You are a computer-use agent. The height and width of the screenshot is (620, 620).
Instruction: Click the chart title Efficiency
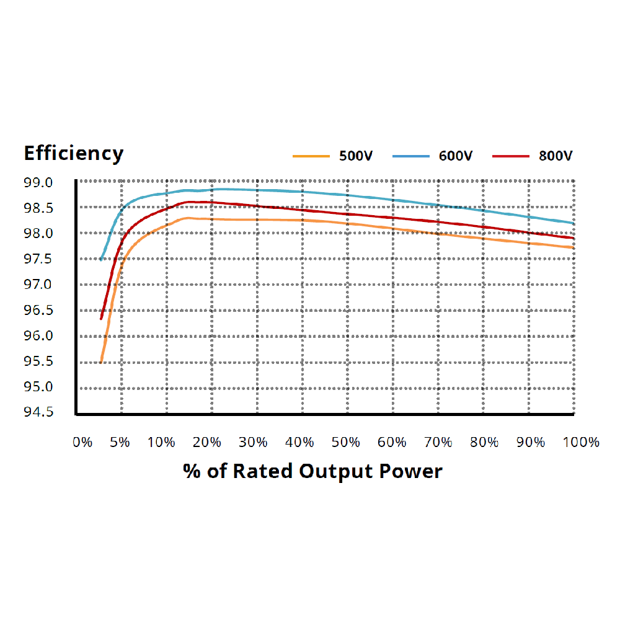pos(73,153)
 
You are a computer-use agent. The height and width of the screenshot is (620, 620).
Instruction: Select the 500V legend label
pos(355,156)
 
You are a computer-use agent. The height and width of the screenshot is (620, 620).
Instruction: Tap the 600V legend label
pos(456,156)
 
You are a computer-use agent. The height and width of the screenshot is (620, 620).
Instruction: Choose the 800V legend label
pos(556,156)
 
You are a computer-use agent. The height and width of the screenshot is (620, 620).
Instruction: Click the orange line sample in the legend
pos(310,156)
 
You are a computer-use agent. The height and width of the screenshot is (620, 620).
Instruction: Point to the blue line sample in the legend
pos(410,156)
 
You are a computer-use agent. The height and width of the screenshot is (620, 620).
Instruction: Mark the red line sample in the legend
pos(510,156)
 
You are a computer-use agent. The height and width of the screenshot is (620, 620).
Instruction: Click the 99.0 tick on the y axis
pos(38,183)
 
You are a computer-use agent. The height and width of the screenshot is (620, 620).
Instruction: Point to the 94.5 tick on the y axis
pos(38,412)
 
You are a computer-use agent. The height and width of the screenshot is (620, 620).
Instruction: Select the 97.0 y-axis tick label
pos(38,285)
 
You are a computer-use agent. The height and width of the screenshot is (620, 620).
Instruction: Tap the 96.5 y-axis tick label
pos(38,310)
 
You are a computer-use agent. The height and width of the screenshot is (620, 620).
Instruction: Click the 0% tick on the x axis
pos(82,443)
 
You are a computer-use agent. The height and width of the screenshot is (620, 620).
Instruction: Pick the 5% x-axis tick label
pos(120,443)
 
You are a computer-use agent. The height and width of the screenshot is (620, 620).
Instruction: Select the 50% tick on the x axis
pos(345,443)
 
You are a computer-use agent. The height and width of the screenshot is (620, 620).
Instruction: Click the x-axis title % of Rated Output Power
pos(312,471)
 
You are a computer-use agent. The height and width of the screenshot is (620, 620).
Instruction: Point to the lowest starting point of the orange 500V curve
pos(101,362)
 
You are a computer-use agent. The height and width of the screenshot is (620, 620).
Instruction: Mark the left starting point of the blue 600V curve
pos(101,259)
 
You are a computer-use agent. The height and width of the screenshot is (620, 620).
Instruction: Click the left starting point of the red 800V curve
pos(101,319)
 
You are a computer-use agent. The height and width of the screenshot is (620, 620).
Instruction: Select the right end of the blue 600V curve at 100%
pos(573,223)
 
